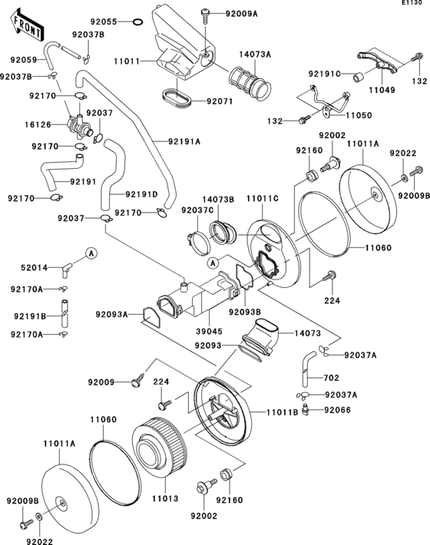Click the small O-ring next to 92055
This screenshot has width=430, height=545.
click(x=137, y=22)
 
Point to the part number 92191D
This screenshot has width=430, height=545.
click(x=142, y=193)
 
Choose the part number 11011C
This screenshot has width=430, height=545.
click(x=263, y=198)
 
